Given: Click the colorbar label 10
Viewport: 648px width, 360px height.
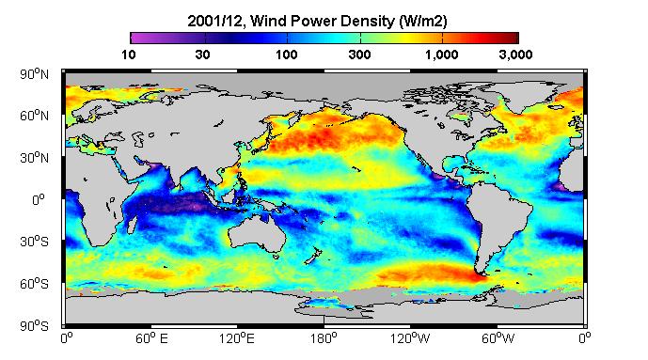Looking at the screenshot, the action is tap(129, 55).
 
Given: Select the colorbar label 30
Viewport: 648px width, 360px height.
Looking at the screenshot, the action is tap(202, 55).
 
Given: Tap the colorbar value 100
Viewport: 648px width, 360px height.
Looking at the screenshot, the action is tap(287, 55).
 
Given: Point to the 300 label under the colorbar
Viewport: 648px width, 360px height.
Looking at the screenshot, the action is tap(359, 55).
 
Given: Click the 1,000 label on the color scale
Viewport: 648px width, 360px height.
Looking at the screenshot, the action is tap(442, 55).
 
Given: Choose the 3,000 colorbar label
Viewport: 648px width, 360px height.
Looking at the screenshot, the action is tap(515, 55).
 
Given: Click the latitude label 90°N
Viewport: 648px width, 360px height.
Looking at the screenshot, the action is tap(34, 74).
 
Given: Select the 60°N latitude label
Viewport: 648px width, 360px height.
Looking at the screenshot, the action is tap(34, 116).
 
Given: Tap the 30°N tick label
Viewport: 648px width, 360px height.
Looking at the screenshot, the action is tap(34, 158).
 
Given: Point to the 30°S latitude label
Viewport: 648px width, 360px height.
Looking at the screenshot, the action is tap(34, 242).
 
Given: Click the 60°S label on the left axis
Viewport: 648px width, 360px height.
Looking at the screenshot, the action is tap(34, 284).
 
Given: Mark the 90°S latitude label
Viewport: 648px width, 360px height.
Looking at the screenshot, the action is tap(34, 326).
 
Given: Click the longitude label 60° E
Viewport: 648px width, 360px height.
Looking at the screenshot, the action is tap(151, 338).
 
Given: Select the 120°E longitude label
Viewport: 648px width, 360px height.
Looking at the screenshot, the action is tap(237, 338).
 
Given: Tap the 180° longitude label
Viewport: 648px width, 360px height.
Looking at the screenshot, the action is tap(324, 338).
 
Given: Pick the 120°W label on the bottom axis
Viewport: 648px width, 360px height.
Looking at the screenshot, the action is tap(410, 338).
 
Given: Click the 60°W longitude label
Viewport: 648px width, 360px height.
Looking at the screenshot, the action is tap(498, 338).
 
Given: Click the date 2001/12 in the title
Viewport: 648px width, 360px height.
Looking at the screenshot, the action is tap(214, 21).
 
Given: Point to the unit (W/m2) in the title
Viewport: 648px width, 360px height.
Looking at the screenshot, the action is tap(423, 21).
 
